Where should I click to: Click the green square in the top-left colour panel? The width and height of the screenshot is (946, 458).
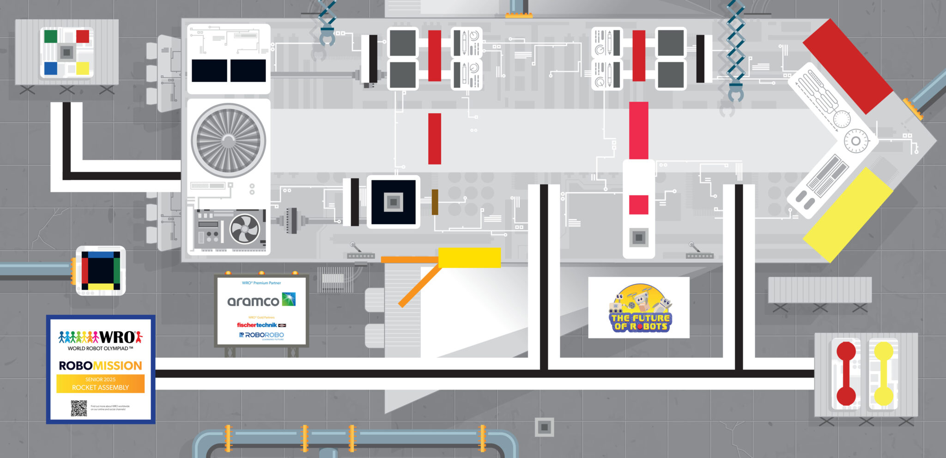click(51, 36)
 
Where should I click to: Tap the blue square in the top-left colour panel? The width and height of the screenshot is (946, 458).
click(51, 68)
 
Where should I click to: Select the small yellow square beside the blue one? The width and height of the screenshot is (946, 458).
click(82, 68)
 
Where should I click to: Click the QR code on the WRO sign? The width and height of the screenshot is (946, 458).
click(79, 408)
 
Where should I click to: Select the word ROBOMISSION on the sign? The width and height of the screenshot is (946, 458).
click(100, 366)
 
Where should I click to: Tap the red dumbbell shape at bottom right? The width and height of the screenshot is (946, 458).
click(846, 373)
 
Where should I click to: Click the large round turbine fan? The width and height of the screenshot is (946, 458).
click(228, 140)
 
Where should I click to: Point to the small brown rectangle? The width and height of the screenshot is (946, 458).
click(435, 202)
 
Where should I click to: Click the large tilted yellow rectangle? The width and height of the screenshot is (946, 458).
click(848, 215)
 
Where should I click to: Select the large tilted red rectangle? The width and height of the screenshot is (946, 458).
click(848, 66)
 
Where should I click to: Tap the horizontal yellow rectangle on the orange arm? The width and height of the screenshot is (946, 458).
click(469, 257)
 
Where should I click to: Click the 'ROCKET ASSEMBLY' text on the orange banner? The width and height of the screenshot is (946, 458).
click(100, 387)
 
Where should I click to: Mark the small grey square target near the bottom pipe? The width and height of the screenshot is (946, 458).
click(544, 427)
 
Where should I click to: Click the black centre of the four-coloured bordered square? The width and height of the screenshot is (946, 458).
click(101, 270)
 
